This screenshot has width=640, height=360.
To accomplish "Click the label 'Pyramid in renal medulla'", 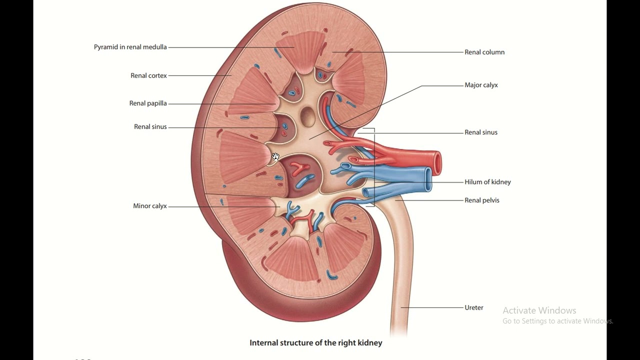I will click(130, 47).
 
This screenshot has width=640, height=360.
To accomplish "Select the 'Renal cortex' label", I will click(148, 75).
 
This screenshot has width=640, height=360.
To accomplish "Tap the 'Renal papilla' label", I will click(148, 103).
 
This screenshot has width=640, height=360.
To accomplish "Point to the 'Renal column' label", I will click(484, 52).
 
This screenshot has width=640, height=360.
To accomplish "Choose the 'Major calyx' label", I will click(481, 85).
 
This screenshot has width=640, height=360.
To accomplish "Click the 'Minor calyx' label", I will click(149, 206).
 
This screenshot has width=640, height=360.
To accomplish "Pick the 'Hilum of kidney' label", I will click(487, 182).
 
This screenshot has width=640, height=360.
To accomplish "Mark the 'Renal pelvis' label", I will click(481, 200).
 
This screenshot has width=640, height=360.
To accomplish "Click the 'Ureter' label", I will click(473, 308).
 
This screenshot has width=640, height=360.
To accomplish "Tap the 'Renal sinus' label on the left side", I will click(150, 127).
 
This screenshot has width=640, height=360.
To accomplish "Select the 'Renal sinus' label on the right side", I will click(480, 132).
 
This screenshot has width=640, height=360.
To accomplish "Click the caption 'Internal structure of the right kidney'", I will click(315, 343).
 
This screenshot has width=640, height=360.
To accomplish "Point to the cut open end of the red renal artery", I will click(437, 163).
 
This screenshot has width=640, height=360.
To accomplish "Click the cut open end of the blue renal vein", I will click(428, 179).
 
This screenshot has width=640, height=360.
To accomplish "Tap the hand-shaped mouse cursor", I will click(275, 157).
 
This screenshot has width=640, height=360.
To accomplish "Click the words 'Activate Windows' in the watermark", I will click(539, 310).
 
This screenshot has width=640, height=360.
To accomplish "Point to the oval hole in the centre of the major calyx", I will click(308, 116).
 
